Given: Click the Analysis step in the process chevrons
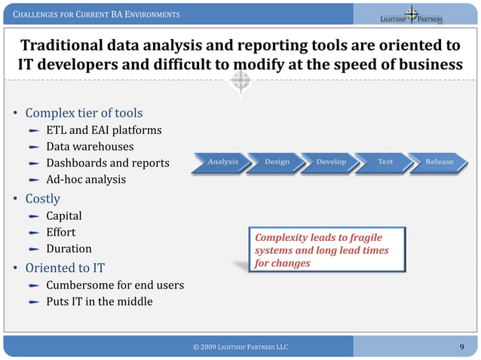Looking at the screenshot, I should (222, 162).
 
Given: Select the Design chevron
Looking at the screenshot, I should (277, 162).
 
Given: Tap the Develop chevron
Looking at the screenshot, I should (331, 162).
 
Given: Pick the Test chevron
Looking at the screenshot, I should (384, 162).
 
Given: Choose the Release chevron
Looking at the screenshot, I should (439, 162).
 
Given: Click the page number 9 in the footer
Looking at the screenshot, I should (461, 346).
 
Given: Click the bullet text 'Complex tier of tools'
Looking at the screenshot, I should (84, 113).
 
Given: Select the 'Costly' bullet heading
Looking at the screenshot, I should (42, 199).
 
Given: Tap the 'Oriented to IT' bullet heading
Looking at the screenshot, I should (65, 267).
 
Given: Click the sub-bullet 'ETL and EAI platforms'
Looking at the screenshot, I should (104, 130).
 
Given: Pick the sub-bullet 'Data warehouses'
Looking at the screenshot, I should (90, 147).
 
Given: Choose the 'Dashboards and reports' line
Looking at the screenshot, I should (108, 163).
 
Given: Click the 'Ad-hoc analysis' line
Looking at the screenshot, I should (86, 180).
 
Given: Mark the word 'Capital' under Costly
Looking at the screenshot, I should (64, 216).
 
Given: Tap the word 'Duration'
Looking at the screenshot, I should (69, 249).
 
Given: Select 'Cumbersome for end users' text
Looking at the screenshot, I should (115, 285).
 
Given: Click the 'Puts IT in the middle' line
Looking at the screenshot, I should (99, 302).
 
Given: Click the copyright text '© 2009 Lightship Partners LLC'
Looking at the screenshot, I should (240, 346).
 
